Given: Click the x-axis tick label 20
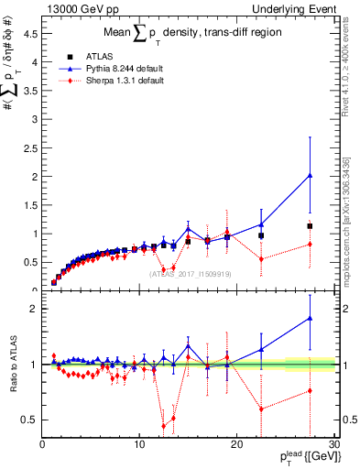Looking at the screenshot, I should coord(236,444).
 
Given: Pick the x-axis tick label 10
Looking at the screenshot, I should coord(139,444).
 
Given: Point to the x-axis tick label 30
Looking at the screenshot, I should coord(333,444).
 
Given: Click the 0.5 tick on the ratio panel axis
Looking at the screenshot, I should coord(31,420).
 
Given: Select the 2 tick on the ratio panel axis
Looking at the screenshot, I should coord(35,309).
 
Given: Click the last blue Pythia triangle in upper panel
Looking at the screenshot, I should coord(310,175).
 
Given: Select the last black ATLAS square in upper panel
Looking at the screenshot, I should coord(310,225).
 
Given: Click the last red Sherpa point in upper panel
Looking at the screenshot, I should coord(310,244).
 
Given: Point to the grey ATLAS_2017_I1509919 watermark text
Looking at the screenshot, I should coord(189,273).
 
